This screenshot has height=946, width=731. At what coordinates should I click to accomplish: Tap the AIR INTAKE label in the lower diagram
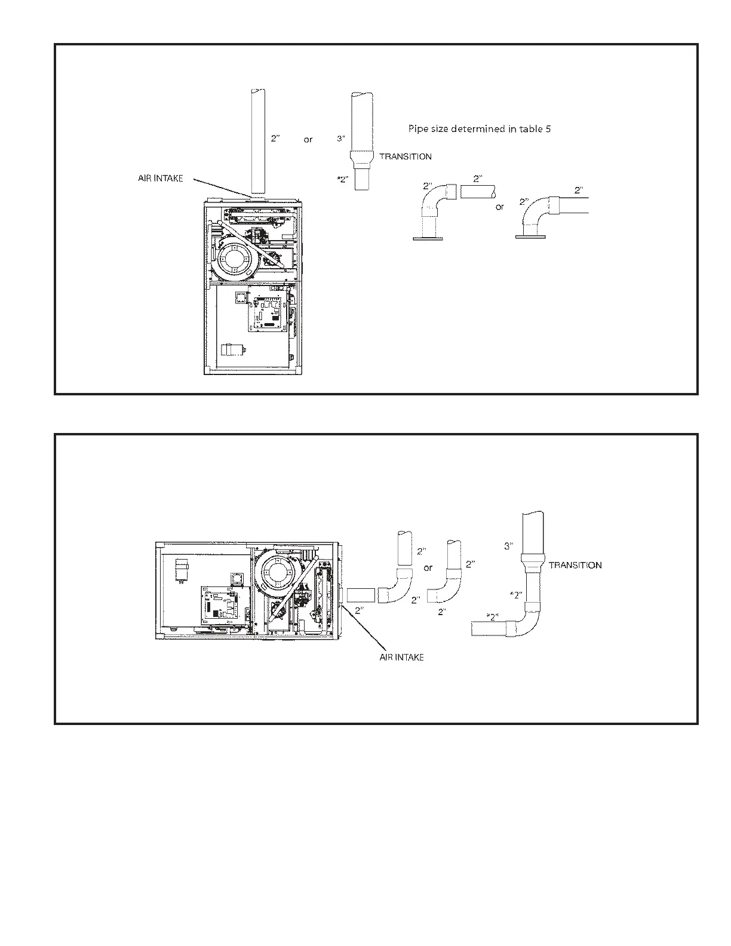[401, 658]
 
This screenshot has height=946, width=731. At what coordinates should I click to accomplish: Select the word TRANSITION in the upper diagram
[406, 156]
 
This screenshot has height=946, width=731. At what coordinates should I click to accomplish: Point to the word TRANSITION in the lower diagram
[575, 565]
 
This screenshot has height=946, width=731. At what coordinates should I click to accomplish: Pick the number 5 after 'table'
[548, 128]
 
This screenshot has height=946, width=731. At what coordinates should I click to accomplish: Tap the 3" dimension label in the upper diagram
[341, 139]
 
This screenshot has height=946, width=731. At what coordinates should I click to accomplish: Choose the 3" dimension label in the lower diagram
[509, 546]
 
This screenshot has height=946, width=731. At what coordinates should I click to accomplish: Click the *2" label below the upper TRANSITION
[342, 179]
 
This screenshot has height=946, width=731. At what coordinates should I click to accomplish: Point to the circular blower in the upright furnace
[237, 259]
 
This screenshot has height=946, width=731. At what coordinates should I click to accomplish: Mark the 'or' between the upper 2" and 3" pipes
[308, 140]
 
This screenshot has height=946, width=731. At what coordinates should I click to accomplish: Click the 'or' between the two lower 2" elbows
[428, 568]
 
